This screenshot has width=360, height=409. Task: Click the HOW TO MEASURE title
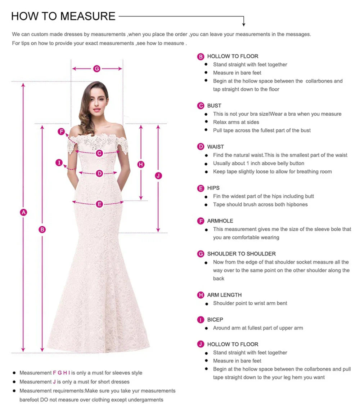[63, 16]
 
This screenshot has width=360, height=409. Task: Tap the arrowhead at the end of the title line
[244, 25]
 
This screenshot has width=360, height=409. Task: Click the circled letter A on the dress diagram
[23, 212]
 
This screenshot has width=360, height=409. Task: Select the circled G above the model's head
[97, 68]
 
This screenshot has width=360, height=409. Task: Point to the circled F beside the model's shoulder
[61, 132]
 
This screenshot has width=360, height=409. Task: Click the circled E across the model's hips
[100, 204]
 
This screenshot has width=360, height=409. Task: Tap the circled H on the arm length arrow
[141, 164]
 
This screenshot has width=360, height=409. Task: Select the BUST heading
[214, 106]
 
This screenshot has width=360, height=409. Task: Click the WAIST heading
[215, 147]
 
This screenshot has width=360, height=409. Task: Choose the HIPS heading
[213, 188]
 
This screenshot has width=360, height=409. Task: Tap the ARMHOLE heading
[220, 221]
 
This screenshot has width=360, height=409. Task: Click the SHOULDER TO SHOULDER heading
[241, 254]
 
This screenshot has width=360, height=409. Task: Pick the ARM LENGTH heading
[224, 295]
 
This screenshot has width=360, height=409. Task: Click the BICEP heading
[215, 320]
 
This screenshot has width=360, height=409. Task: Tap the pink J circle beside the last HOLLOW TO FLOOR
[201, 344]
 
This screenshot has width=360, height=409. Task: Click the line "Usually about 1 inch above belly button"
[258, 163]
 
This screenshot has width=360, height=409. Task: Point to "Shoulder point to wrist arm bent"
[250, 303]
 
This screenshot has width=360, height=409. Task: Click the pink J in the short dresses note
[54, 382]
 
